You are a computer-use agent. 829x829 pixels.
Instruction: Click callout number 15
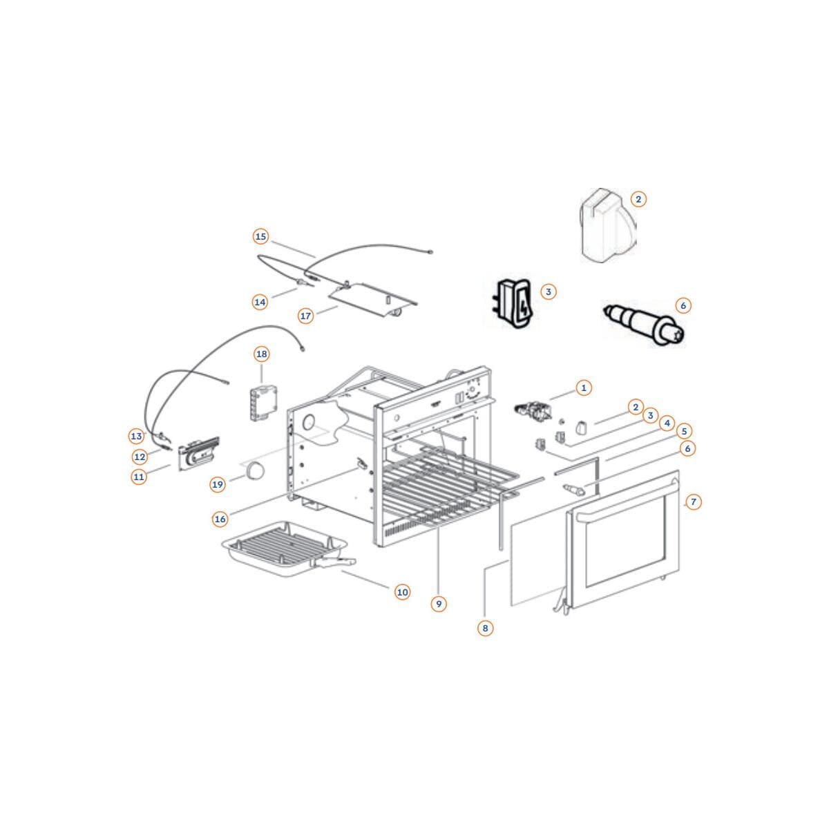260,237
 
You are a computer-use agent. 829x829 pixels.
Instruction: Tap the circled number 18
262,354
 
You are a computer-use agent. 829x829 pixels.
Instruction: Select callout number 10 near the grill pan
402,592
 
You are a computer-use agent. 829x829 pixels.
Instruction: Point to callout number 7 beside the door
693,502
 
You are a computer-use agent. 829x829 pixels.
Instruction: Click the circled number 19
218,485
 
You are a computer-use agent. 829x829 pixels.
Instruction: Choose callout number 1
584,388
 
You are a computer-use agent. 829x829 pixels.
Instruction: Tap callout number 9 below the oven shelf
439,604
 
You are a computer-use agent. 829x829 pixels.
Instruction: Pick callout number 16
220,520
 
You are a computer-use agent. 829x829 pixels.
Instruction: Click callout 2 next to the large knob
638,199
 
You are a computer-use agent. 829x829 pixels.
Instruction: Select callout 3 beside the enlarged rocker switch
548,292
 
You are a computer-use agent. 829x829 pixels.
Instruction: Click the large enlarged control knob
607,225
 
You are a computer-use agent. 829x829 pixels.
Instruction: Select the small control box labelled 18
264,403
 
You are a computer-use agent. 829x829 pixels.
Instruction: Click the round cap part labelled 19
255,471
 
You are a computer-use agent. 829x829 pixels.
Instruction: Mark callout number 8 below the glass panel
485,628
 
